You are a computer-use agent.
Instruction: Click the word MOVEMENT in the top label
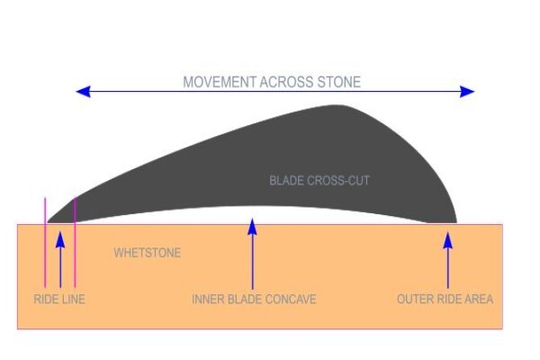pos(220,82)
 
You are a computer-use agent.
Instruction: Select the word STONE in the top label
pos(339,82)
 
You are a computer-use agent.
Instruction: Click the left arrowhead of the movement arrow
pos(83,92)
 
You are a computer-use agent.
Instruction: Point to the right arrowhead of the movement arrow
pos(467,92)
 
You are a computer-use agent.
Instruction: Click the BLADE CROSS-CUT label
pos(319,181)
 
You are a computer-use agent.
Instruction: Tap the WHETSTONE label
pos(147,253)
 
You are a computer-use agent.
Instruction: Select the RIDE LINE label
pos(59,299)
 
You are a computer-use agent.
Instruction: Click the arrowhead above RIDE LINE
pos(60,239)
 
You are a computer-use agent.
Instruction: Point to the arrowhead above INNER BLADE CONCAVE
pos(252,227)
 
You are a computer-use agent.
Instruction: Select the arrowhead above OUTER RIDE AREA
pos(447,240)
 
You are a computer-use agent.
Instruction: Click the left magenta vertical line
pos(45,242)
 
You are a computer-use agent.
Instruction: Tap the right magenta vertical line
pos(75,242)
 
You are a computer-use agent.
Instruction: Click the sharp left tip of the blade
pos(48,222)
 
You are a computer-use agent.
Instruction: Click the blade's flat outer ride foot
pos(442,222)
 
